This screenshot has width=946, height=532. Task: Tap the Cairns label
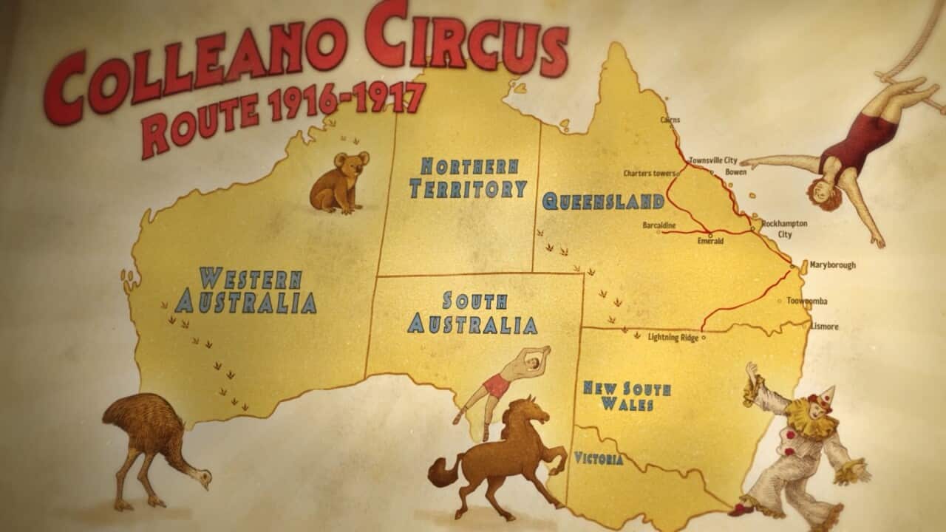[670, 120]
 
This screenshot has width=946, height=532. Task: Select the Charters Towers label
[650, 174]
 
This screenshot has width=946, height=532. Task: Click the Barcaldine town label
[659, 224]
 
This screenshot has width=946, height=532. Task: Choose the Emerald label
[710, 241]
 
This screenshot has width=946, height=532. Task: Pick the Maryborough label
[832, 265]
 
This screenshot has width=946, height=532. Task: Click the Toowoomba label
[807, 301]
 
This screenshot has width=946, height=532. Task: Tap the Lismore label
[825, 326]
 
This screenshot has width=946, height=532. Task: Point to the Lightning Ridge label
[673, 337]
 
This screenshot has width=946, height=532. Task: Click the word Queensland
[602, 201]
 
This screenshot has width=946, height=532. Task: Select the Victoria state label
[599, 459]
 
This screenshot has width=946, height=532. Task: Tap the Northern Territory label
[469, 178]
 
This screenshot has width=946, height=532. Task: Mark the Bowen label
[736, 171]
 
